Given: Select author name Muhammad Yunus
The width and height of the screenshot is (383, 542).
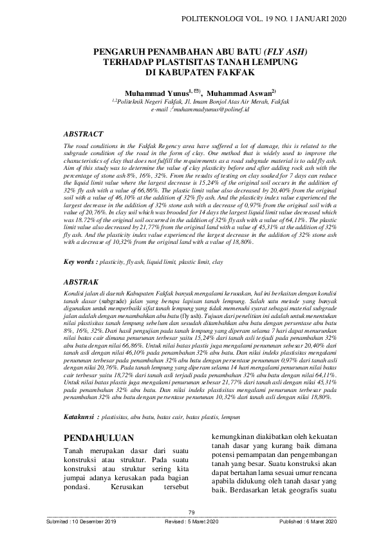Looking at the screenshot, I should [x=154, y=93].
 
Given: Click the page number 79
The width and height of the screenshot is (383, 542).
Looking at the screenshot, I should [x=191, y=512].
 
